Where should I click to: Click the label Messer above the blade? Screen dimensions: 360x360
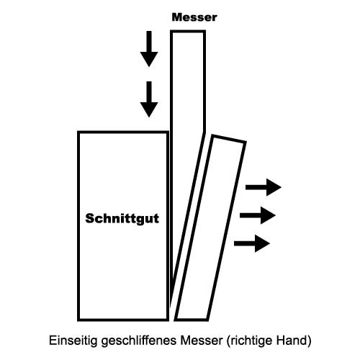pyautogui.click(x=194, y=17)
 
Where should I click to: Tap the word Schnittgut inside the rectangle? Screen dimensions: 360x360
pyautogui.click(x=122, y=219)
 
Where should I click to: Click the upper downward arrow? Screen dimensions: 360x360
pyautogui.click(x=149, y=49)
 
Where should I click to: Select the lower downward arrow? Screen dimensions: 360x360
pyautogui.click(x=149, y=99)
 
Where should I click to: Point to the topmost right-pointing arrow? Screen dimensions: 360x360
pyautogui.click(x=264, y=187)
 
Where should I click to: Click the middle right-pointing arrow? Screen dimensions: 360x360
pyautogui.click(x=258, y=215)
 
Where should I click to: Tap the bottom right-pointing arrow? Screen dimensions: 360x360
pyautogui.click(x=252, y=243)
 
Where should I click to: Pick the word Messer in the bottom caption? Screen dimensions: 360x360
pyautogui.click(x=202, y=341)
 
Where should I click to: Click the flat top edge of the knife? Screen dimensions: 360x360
pyautogui.click(x=188, y=32)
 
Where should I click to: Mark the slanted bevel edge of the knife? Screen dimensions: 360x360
pyautogui.click(x=188, y=218)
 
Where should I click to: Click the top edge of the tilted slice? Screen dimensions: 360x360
pyautogui.click(x=229, y=140)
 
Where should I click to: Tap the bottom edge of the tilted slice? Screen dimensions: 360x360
pyautogui.click(x=192, y=320)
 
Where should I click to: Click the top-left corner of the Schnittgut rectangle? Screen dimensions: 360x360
pyautogui.click(x=78, y=132)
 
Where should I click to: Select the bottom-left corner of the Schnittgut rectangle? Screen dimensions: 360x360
pyautogui.click(x=78, y=320)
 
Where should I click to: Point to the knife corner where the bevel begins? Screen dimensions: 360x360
pyautogui.click(x=204, y=132)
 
